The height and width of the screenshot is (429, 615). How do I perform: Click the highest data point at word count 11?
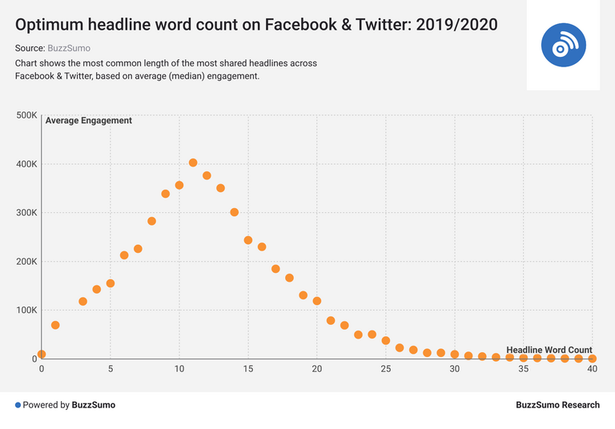point(193,162)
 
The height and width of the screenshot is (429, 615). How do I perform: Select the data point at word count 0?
point(42,354)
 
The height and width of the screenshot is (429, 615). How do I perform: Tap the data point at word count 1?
point(55,325)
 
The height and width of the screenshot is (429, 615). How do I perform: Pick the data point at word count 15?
point(248,240)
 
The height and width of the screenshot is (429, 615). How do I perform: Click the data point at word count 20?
point(317,301)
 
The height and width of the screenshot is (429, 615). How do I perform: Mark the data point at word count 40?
point(593,359)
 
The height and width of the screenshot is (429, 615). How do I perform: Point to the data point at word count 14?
point(235,212)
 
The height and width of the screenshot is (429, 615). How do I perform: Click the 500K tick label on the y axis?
point(26,115)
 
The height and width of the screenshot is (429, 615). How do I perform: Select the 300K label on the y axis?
point(26,213)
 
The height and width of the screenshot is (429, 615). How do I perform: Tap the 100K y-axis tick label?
point(26,311)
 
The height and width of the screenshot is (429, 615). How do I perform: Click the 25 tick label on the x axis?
point(386,369)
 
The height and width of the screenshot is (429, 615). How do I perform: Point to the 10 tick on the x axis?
point(179,369)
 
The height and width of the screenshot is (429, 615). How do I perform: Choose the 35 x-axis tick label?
point(524,369)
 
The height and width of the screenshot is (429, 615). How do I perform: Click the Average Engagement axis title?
point(89,121)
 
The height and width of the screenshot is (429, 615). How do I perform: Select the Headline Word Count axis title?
point(549,350)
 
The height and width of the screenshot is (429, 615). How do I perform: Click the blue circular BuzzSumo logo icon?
point(563,46)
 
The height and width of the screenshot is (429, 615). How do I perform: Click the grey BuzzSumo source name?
point(69,48)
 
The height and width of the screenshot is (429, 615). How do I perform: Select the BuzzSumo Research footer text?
point(557,405)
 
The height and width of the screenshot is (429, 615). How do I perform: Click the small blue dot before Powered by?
point(18,405)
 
